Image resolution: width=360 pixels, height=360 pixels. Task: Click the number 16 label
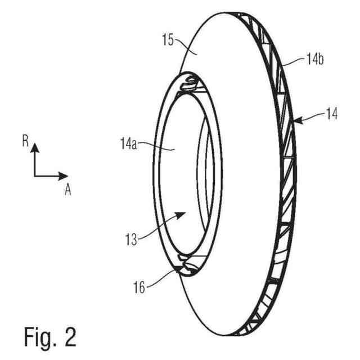click(x=139, y=287)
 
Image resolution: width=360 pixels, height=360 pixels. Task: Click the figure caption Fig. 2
click(x=50, y=336)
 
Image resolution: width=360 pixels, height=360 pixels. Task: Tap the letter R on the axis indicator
click(x=25, y=141)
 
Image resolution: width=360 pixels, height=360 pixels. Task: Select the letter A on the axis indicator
click(x=67, y=190)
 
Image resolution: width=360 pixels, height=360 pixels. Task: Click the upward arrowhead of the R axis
click(x=35, y=147)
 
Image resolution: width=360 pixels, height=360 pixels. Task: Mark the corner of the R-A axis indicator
click(x=35, y=176)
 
